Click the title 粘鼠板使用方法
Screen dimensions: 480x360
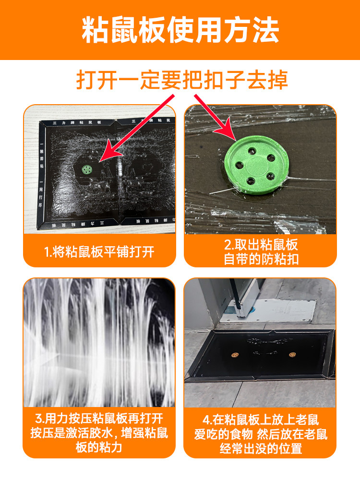180,30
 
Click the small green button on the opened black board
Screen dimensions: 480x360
87,169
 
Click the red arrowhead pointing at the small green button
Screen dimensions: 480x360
105,156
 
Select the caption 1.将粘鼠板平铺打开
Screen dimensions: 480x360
99,252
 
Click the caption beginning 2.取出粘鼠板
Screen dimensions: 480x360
261,252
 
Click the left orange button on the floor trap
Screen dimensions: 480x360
234,355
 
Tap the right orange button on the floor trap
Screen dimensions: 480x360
291,354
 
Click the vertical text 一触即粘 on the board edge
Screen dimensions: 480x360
42,155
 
